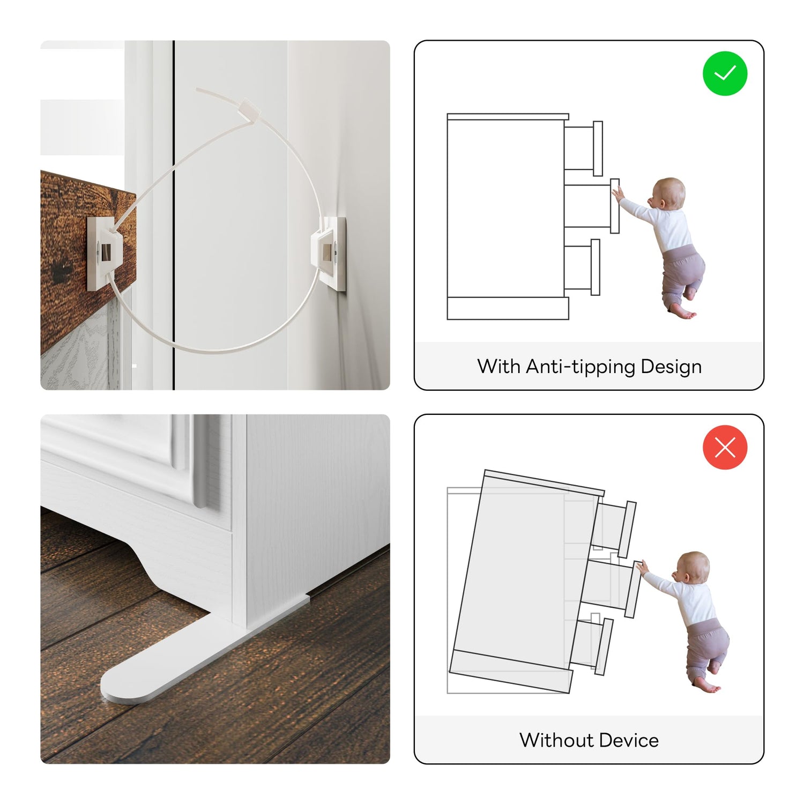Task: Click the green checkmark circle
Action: (x=725, y=73)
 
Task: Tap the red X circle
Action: (x=725, y=447)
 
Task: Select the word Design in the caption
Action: (x=671, y=367)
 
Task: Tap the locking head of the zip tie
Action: (x=250, y=110)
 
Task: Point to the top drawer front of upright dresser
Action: (x=598, y=148)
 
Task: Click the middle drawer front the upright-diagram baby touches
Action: (x=615, y=206)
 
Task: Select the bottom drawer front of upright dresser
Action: (x=595, y=267)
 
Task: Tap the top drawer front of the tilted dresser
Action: (x=627, y=530)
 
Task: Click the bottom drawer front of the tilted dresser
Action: (x=604, y=646)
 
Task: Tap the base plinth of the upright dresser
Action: (x=508, y=308)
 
